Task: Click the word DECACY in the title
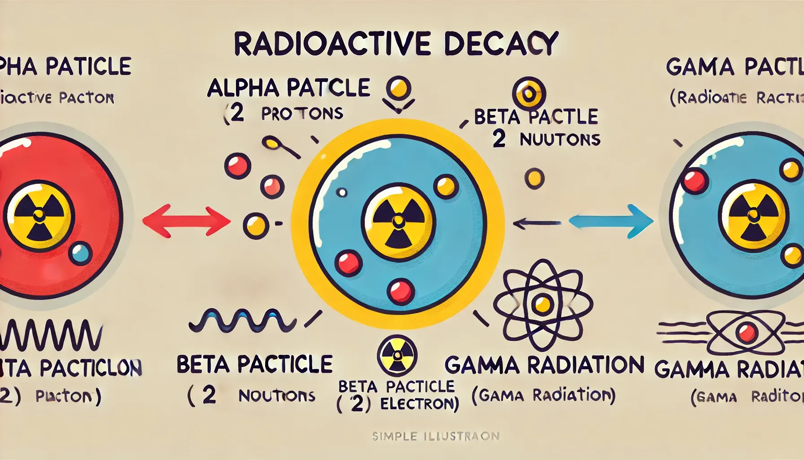tap(501, 44)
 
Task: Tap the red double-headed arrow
tap(186, 221)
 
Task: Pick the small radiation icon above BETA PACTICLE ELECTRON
tap(398, 354)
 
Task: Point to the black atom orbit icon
tap(543, 305)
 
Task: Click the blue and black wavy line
tap(242, 320)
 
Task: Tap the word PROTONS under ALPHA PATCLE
tap(302, 113)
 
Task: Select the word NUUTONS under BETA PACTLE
tap(560, 140)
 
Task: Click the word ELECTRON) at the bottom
tap(419, 404)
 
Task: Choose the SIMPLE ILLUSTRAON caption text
tap(435, 436)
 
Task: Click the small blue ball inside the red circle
tap(81, 254)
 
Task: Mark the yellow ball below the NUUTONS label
tap(534, 178)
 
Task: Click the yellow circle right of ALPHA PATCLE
tap(399, 87)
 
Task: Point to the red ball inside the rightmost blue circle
tap(695, 181)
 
